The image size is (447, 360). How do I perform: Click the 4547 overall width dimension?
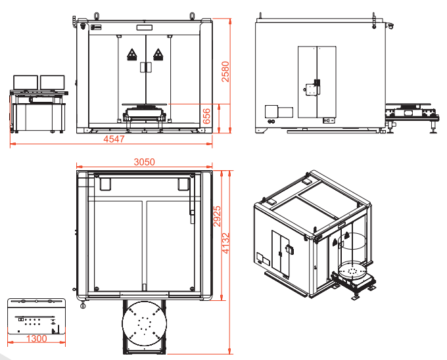114,139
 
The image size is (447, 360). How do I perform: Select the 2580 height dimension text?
225,72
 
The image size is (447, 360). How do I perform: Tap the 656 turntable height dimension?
206,116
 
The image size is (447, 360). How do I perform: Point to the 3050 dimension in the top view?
145,162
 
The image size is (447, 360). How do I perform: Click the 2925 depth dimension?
217,216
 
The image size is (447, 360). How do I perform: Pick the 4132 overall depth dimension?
225,243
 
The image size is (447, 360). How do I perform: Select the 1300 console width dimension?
37,338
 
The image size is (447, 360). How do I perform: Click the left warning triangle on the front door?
131,54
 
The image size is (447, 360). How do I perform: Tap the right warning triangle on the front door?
158,54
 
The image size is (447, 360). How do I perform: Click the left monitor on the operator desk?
26,83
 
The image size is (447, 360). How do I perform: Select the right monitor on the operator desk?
53,83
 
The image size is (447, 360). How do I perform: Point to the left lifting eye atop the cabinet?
97,16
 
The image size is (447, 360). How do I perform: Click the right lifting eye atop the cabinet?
192,16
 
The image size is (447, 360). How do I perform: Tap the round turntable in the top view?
145,323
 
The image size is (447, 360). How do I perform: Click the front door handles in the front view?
146,68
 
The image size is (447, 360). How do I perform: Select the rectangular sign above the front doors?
145,28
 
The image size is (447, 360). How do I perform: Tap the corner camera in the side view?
390,26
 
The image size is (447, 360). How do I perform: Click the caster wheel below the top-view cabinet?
83,305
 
